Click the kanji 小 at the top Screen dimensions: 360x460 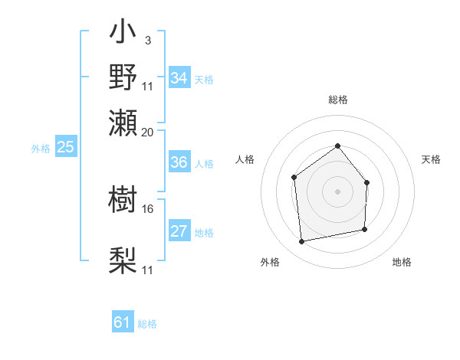pyautogui.click(x=123, y=34)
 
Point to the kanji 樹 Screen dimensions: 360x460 pyautogui.click(x=123, y=201)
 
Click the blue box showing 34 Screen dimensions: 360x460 pyautogui.click(x=179, y=78)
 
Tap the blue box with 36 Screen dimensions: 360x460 pyautogui.click(x=179, y=162)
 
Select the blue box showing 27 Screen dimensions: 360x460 pyautogui.click(x=179, y=231)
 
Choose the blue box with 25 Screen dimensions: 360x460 pyautogui.click(x=65, y=148)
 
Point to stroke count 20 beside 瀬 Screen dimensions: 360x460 pyautogui.click(x=148, y=132)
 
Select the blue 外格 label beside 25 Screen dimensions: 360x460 pyautogui.click(x=40, y=149)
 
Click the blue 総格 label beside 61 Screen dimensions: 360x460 pyautogui.click(x=147, y=324)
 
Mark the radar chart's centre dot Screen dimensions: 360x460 pyautogui.click(x=337, y=191)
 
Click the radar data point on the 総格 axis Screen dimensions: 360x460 pyautogui.click(x=337, y=146)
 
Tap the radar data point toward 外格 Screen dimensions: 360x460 pyautogui.click(x=302, y=241)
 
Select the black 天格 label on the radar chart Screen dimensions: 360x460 pyautogui.click(x=431, y=159)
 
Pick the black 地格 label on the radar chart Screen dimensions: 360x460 pyautogui.click(x=402, y=262)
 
